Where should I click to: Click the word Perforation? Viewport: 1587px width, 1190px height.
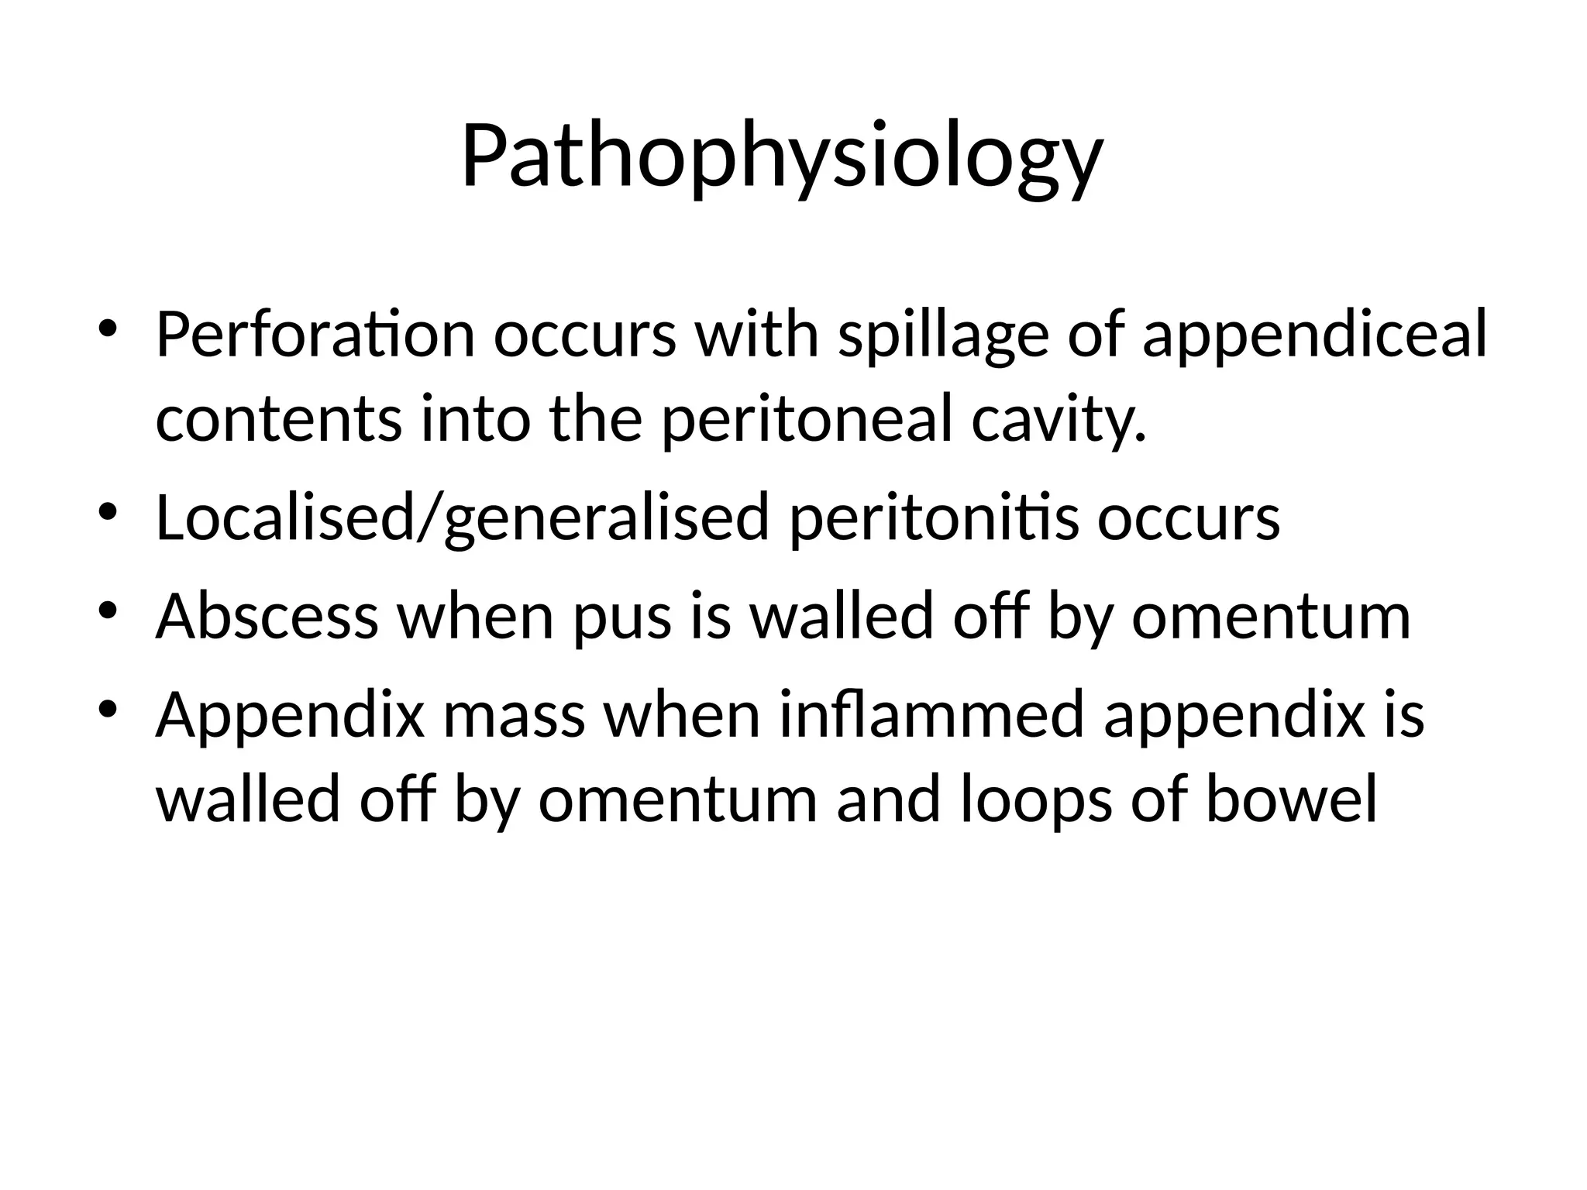point(315,335)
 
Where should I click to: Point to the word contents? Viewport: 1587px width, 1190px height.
point(279,419)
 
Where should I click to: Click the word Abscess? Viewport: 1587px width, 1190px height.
point(267,617)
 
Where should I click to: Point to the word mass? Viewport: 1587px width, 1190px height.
point(513,714)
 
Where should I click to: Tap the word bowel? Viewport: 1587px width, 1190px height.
point(1292,800)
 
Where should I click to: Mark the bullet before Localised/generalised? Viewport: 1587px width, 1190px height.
point(107,511)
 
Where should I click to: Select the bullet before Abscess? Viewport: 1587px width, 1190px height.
point(107,610)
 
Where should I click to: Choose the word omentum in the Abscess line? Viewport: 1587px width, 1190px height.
point(1271,617)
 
